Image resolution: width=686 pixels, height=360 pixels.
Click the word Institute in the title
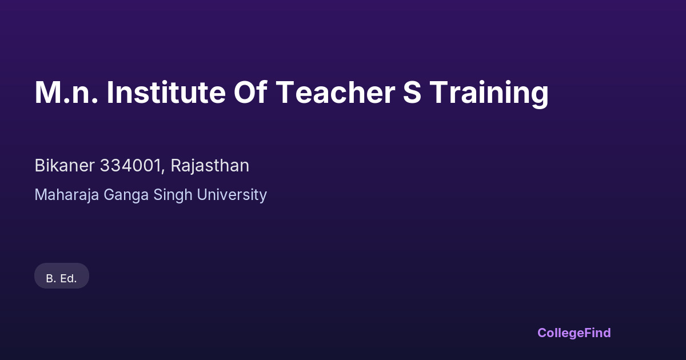pyautogui.click(x=166, y=93)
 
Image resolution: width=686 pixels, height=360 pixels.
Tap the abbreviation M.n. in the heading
pyautogui.click(x=66, y=93)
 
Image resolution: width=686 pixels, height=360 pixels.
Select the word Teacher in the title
pyautogui.click(x=336, y=93)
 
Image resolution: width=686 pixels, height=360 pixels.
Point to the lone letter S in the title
pyautogui.click(x=412, y=93)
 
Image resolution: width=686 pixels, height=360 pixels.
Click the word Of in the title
pyautogui.click(x=250, y=92)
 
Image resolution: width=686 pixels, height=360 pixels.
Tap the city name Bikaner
pyautogui.click(x=65, y=166)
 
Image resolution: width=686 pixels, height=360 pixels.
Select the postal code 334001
pyautogui.click(x=130, y=166)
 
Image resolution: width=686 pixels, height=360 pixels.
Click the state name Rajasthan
pyautogui.click(x=210, y=166)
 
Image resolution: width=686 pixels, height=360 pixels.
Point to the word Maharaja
pyautogui.click(x=67, y=195)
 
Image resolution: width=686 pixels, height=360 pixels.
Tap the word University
pyautogui.click(x=232, y=195)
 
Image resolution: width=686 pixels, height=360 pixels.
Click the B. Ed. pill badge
pyautogui.click(x=62, y=276)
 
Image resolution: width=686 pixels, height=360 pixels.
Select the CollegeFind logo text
pyautogui.click(x=574, y=333)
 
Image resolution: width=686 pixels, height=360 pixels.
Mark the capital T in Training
pyautogui.click(x=440, y=93)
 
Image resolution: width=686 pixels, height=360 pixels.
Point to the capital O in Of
pyautogui.click(x=245, y=93)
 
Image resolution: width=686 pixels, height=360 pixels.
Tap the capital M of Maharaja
pyautogui.click(x=41, y=195)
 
